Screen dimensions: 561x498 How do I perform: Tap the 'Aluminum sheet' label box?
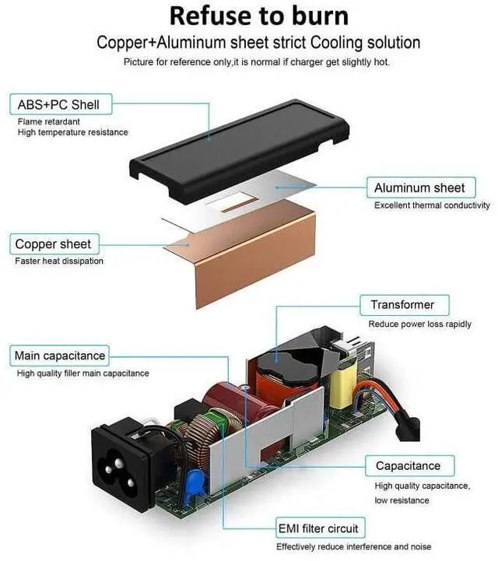(419, 188)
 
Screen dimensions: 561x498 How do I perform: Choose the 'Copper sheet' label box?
(53, 244)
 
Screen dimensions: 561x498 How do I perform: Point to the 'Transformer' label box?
(402, 305)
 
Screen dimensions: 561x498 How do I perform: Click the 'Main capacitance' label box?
(60, 356)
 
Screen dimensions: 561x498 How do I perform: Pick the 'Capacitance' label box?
(408, 466)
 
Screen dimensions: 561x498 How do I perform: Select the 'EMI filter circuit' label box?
(318, 529)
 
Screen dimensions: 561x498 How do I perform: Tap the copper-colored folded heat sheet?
(249, 249)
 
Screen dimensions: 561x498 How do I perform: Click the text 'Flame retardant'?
(48, 121)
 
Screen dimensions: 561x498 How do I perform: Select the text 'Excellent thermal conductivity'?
(432, 205)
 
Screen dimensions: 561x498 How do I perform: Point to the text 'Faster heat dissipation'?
(59, 261)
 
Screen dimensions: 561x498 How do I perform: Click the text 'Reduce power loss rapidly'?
(419, 324)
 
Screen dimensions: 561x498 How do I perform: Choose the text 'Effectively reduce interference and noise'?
(353, 547)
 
